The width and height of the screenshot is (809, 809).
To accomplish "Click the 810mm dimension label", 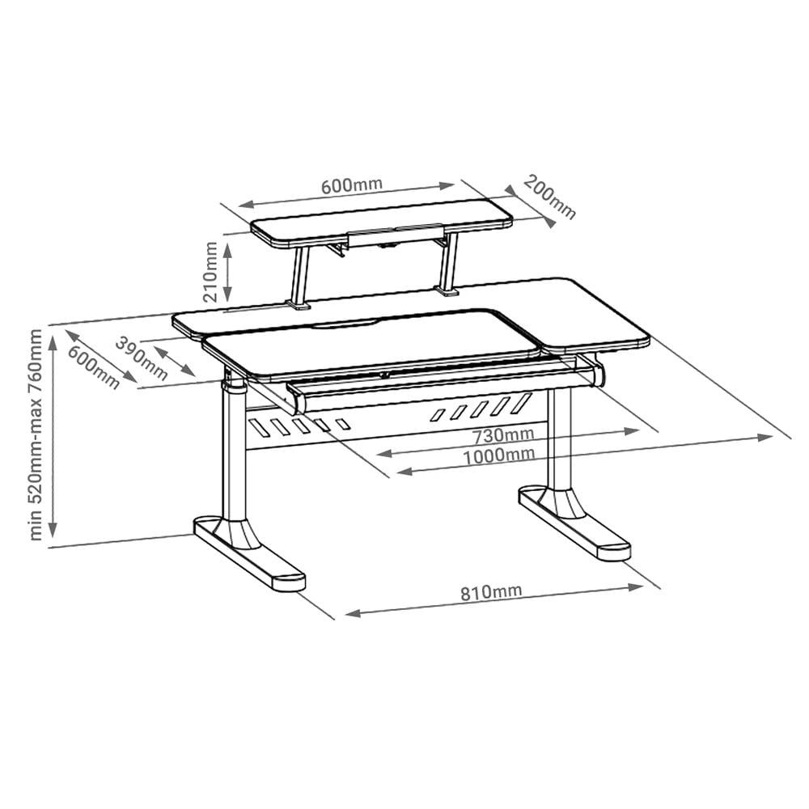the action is (491, 592).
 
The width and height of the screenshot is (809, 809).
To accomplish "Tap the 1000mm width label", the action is (498, 455).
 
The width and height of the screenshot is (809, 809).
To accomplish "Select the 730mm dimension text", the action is (503, 435).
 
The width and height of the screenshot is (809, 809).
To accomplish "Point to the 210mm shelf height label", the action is (210, 272).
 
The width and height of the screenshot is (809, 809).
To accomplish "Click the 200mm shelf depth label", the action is (549, 197).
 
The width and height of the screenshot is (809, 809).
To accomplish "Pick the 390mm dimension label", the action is (141, 358).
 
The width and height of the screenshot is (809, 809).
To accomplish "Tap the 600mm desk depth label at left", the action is (94, 366).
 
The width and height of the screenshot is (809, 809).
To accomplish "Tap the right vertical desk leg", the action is (560, 438).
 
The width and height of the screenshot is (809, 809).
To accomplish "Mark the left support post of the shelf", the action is (299, 278).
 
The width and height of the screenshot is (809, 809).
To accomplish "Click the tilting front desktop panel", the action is (371, 342).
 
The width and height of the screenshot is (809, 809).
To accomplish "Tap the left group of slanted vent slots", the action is (299, 426).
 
